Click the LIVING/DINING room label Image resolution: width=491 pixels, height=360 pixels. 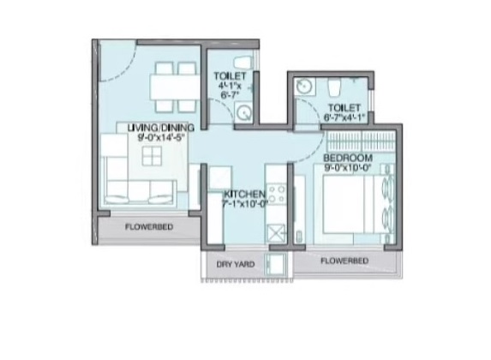coord(161,129)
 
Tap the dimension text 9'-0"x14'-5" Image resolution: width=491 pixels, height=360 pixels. coord(161,137)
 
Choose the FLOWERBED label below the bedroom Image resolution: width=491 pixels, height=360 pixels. coord(344,260)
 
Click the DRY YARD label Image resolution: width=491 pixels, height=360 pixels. coord(233,264)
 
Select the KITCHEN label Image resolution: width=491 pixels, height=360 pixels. coord(244,195)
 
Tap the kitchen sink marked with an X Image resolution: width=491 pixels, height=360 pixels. coord(276,232)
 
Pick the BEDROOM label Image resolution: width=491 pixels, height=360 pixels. coord(347,159)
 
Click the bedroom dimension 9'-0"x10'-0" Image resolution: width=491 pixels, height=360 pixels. coord(346,169)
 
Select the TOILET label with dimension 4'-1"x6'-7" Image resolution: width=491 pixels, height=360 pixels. coord(230,76)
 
